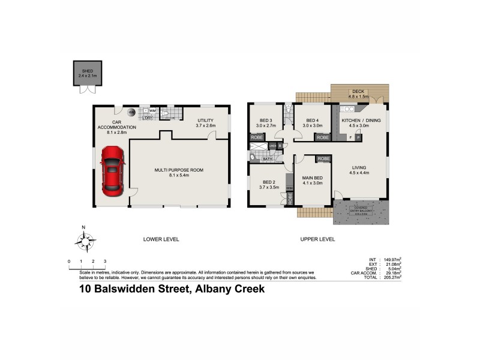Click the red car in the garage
pyautogui.click(x=112, y=171)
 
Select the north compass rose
pyautogui.click(x=85, y=241)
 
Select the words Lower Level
pyautogui.click(x=161, y=239)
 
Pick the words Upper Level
pyautogui.click(x=317, y=239)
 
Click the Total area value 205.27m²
pyautogui.click(x=391, y=278)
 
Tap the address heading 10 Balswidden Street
pyautogui.click(x=172, y=289)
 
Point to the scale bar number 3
pyautogui.click(x=105, y=261)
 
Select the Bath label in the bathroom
pyautogui.click(x=267, y=159)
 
